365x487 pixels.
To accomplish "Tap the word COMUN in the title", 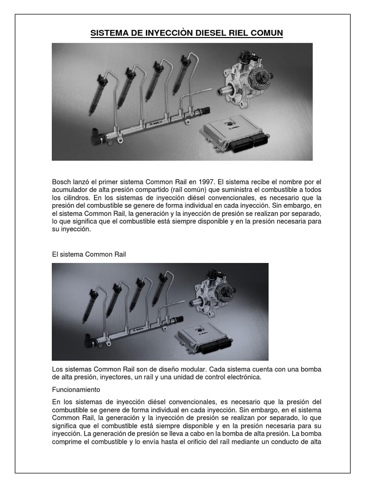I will (x=266, y=33).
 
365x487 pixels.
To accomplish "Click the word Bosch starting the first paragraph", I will (x=62, y=182).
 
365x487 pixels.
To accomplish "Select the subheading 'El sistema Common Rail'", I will (x=89, y=254).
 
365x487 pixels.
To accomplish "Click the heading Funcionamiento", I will (x=76, y=389).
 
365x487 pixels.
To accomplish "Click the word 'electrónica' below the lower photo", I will (x=244, y=377).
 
